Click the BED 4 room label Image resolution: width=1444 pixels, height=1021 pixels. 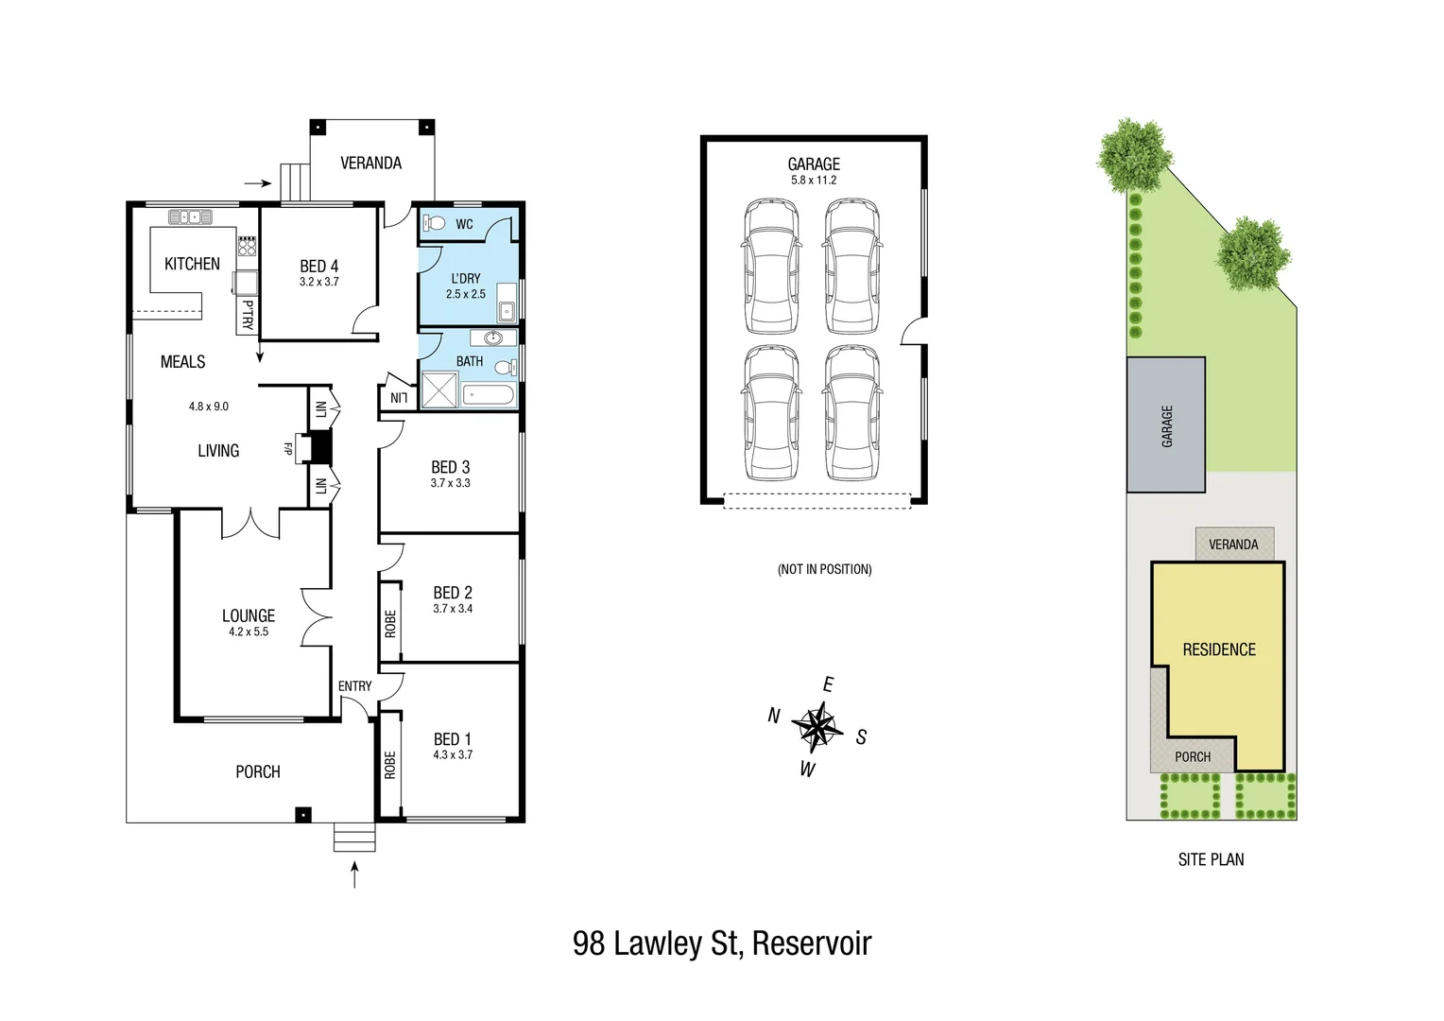[x=318, y=267]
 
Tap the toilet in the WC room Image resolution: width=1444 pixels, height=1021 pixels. [x=434, y=223]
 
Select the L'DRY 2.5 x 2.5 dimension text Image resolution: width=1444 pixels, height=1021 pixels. [x=465, y=294]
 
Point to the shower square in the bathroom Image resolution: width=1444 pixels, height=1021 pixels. [x=438, y=390]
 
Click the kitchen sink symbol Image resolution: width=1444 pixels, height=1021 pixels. [x=190, y=217]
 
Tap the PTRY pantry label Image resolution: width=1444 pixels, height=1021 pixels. [x=248, y=315]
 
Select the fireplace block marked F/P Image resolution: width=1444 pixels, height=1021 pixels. [x=318, y=446]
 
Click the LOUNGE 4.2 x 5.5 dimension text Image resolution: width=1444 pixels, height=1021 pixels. [x=249, y=632]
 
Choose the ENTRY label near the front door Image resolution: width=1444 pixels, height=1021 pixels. [x=354, y=685]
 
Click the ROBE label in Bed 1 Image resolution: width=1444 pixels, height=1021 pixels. [x=390, y=765]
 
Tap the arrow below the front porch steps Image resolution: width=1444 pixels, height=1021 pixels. [x=354, y=874]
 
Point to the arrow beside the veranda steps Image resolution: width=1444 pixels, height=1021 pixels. [x=257, y=182]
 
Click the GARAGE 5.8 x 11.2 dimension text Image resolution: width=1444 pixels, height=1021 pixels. [x=813, y=180]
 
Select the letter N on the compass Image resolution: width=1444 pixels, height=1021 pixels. [x=773, y=716]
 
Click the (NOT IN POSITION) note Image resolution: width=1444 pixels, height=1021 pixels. [x=824, y=569]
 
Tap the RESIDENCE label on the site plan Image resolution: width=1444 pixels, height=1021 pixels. [x=1219, y=649]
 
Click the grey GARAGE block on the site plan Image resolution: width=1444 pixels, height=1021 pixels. [x=1165, y=425]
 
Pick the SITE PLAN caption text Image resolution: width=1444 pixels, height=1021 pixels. [x=1211, y=859]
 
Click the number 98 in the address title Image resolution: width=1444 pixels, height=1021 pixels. [x=588, y=943]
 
